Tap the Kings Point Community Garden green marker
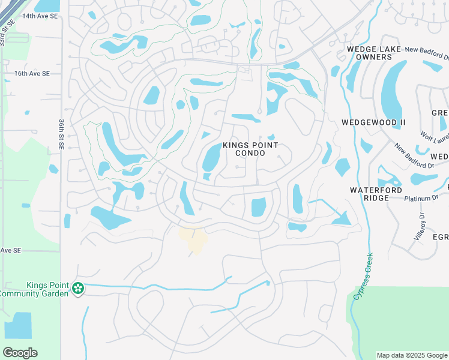click(77, 289)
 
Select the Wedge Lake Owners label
click(369, 53)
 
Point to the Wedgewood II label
click(373, 122)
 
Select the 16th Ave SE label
click(32, 73)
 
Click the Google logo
click(20, 353)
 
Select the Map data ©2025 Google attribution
click(411, 355)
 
